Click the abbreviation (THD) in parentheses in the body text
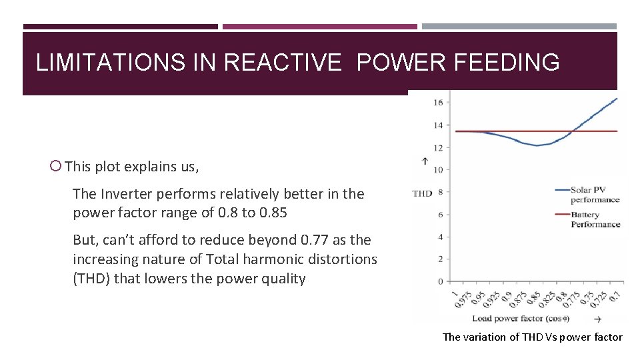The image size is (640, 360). coord(91,279)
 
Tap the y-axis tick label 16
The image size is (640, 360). coord(438,103)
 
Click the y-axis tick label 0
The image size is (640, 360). coord(440,281)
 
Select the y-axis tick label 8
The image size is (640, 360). coord(440,192)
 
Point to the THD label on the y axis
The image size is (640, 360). coord(422,193)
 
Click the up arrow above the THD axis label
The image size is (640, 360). coord(425,161)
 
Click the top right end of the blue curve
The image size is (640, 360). coord(617,99)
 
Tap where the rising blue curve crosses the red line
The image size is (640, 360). coord(570,131)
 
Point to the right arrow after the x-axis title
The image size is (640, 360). coord(597,319)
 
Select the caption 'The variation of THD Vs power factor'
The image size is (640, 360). coord(532,337)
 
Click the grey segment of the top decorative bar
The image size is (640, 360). coord(519,27)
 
